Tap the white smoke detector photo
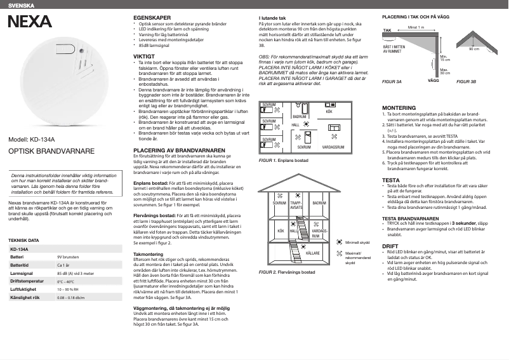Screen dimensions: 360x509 (x=63, y=79)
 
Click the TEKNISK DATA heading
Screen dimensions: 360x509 (x=24, y=241)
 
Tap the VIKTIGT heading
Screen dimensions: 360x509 (x=144, y=57)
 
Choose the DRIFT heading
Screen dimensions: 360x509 (x=390, y=245)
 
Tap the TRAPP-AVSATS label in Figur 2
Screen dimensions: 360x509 (x=296, y=205)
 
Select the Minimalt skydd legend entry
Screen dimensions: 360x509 (x=357, y=242)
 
